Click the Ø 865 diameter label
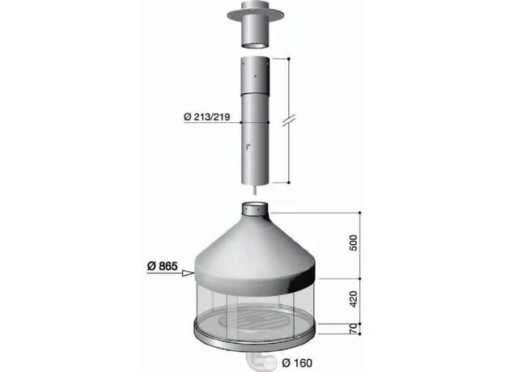click(163, 266)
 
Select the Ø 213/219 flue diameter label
click(206, 116)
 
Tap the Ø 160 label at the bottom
click(297, 363)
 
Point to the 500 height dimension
click(354, 243)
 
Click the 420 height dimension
click(354, 299)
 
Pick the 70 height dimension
click(354, 328)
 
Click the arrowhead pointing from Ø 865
click(188, 273)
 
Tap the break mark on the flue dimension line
click(289, 120)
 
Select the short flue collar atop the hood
click(255, 209)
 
